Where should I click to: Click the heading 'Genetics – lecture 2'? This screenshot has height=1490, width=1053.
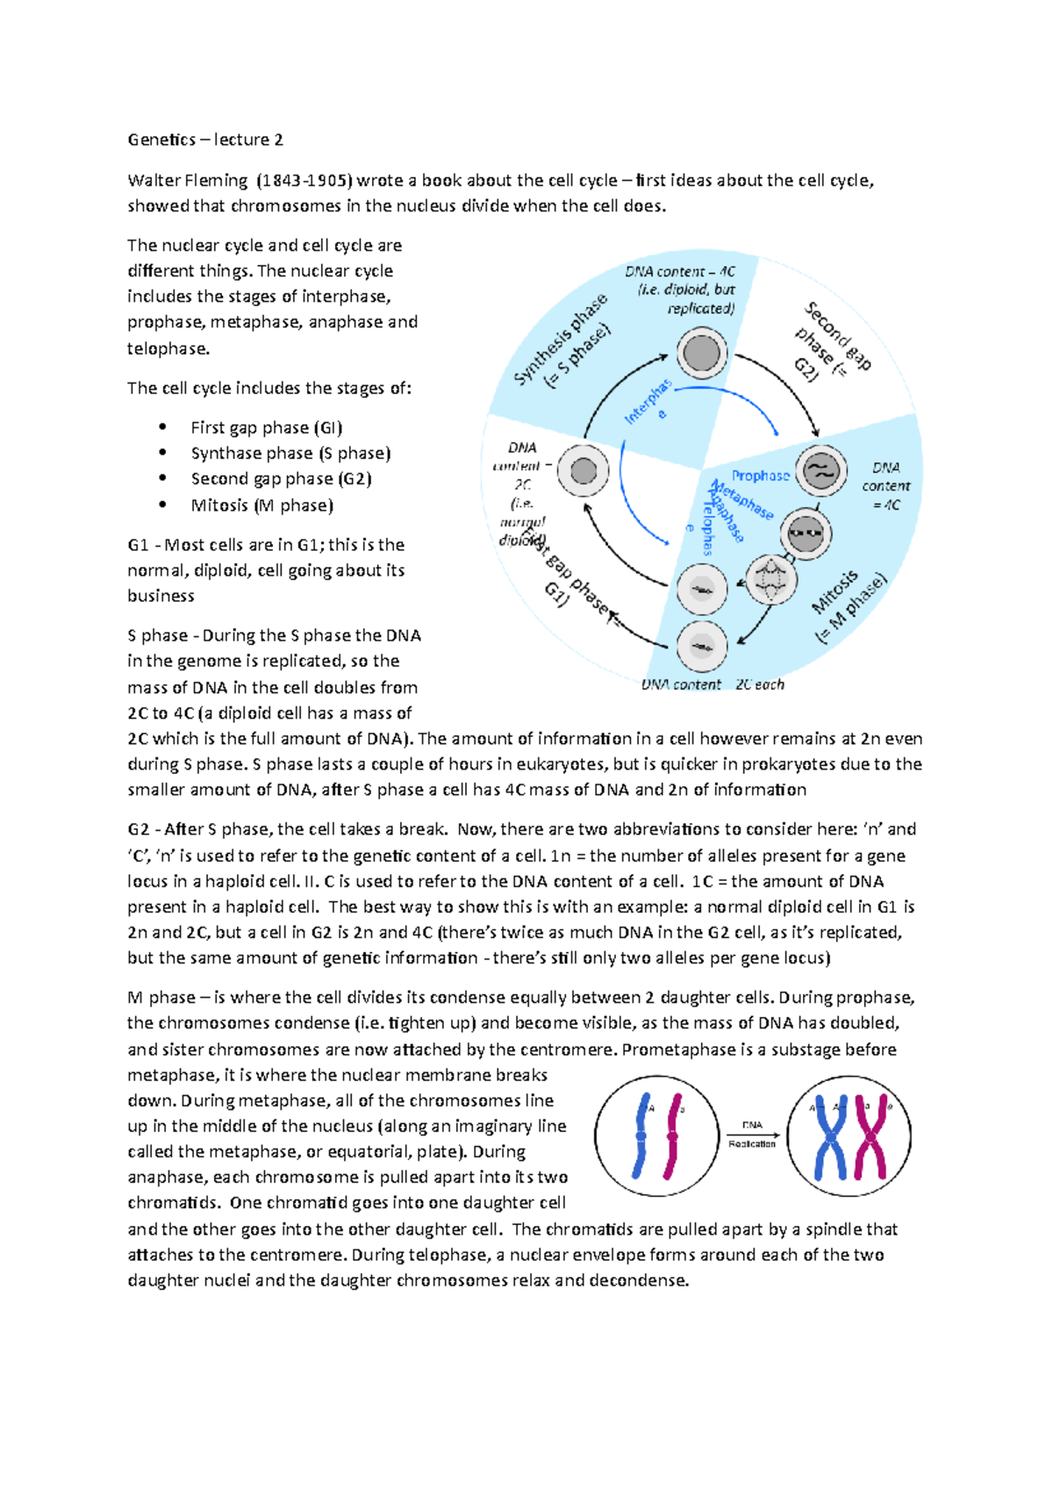click(x=205, y=140)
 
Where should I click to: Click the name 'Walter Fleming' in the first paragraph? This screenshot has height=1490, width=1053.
click(x=188, y=181)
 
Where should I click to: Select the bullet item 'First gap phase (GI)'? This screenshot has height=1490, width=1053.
click(x=266, y=427)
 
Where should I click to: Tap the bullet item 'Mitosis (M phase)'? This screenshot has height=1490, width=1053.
click(x=261, y=505)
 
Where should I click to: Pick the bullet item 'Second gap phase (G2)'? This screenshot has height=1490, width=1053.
click(x=281, y=479)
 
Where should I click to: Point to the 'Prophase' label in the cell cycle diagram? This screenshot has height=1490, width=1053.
click(x=760, y=476)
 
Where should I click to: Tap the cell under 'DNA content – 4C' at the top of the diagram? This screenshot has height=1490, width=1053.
click(x=701, y=355)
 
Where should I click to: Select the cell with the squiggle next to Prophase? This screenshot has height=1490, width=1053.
click(x=820, y=470)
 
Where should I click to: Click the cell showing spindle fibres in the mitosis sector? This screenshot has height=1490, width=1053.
click(x=770, y=579)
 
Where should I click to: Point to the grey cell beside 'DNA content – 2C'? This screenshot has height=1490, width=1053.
click(x=584, y=470)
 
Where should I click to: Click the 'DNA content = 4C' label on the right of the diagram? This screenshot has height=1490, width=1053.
click(x=885, y=486)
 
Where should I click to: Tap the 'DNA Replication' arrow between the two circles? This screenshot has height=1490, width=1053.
click(x=752, y=1135)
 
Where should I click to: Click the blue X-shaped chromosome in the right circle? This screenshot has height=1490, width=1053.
click(x=829, y=1135)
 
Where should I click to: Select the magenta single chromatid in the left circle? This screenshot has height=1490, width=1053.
click(x=673, y=1135)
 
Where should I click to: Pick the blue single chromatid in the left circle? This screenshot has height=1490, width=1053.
click(x=641, y=1135)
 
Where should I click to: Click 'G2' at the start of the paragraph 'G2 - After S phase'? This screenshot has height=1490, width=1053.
click(x=138, y=829)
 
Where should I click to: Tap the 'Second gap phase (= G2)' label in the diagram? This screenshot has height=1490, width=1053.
click(x=829, y=342)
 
